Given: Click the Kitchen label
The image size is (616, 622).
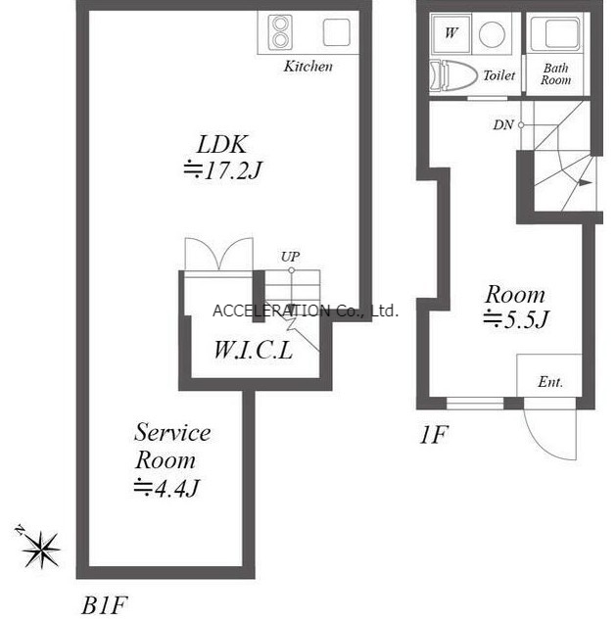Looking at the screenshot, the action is [x=308, y=66].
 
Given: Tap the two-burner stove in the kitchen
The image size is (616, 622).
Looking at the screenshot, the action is [x=280, y=32].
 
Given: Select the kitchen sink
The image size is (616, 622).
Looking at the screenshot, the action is [x=336, y=32].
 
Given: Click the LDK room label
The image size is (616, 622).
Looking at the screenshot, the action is [x=222, y=144].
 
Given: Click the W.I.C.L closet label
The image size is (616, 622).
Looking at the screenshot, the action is [x=254, y=351].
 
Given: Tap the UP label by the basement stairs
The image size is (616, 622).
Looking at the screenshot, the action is [x=290, y=257].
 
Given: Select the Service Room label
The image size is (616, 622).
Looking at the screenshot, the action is [x=172, y=447].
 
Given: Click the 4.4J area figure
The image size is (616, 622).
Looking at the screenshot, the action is [x=166, y=488].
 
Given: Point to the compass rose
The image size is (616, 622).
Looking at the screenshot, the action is [x=41, y=549].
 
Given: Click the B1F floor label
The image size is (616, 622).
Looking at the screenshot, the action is [x=104, y=605].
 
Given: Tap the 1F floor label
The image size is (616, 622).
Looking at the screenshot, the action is [x=434, y=434].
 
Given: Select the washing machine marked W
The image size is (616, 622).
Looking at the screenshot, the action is [x=450, y=33].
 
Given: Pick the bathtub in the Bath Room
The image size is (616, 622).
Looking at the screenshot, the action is [x=557, y=33].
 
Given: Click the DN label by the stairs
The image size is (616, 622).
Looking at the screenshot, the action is [x=503, y=125].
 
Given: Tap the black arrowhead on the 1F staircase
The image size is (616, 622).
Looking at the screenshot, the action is [x=586, y=182].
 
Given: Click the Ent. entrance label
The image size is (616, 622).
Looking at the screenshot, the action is [x=550, y=382].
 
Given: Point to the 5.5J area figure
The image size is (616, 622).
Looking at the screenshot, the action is [x=516, y=319].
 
